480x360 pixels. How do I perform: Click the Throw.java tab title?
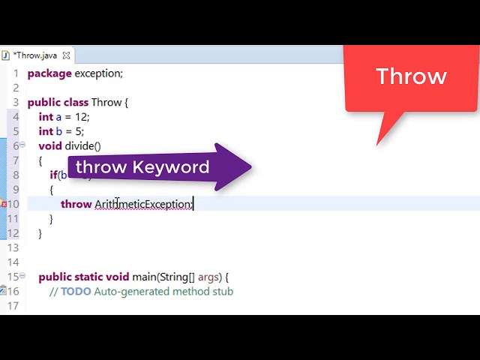pyautogui.click(x=34, y=55)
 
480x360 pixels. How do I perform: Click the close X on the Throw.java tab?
pyautogui.click(x=66, y=55)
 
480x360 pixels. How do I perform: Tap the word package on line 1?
pyautogui.click(x=49, y=73)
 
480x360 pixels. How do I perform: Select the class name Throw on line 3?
pyautogui.click(x=106, y=102)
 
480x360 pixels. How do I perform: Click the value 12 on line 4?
pyautogui.click(x=79, y=117)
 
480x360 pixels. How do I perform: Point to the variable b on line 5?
pyautogui.click(x=58, y=131)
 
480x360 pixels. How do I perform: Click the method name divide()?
pyautogui.click(x=82, y=145)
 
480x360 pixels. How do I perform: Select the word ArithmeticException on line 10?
pyautogui.click(x=142, y=204)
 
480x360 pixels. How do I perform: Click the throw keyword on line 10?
pyautogui.click(x=76, y=204)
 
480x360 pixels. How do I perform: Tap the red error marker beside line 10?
pyautogui.click(x=4, y=204)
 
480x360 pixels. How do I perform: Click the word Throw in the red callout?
pyautogui.click(x=411, y=76)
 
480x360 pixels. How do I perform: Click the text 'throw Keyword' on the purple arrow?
pyautogui.click(x=142, y=166)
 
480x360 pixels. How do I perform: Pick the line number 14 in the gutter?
pyautogui.click(x=13, y=262)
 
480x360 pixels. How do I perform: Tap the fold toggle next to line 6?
pyautogui.click(x=22, y=145)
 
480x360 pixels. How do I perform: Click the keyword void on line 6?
pyautogui.click(x=50, y=145)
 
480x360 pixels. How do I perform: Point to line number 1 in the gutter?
pyautogui.click(x=15, y=73)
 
